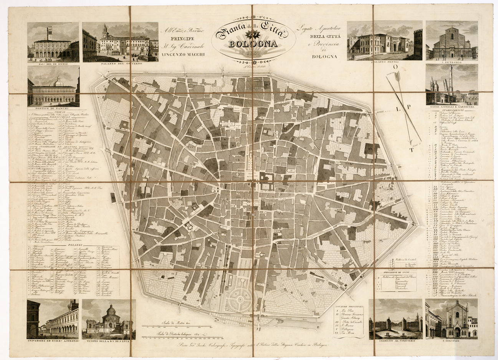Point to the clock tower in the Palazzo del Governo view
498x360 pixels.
point(104,30)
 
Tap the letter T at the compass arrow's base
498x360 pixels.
point(412,149)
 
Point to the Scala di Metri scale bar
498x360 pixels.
point(177,326)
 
